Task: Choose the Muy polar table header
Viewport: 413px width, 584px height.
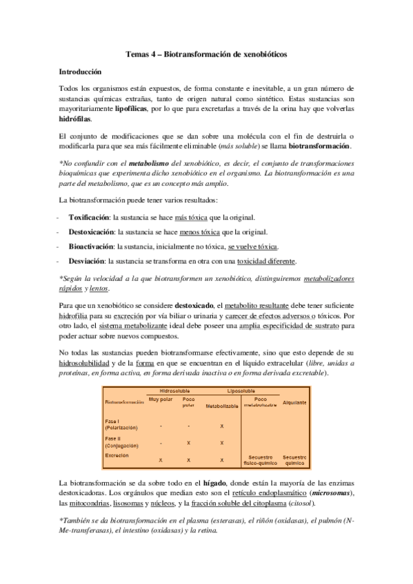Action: (161, 399)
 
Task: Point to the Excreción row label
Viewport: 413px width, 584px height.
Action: (117, 455)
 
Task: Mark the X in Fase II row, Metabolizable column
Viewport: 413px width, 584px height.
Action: (222, 443)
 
